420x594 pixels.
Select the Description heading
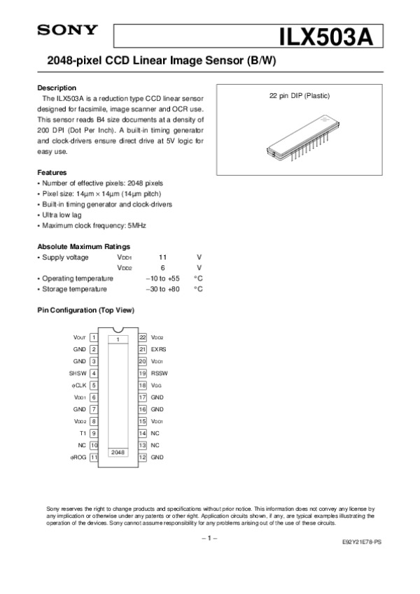(x=56, y=88)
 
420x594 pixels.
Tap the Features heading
(x=52, y=172)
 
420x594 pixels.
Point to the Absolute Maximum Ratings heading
(x=83, y=247)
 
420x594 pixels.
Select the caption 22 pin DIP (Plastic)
(x=300, y=95)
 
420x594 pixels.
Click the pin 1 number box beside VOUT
(x=94, y=337)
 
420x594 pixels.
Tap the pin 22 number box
(x=142, y=337)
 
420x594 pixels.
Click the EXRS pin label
(x=159, y=348)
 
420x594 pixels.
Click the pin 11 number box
(x=94, y=457)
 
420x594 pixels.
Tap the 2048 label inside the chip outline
(x=118, y=453)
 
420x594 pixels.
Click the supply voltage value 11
(x=162, y=257)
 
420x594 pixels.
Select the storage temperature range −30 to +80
(x=162, y=289)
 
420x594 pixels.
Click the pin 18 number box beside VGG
(x=142, y=385)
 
